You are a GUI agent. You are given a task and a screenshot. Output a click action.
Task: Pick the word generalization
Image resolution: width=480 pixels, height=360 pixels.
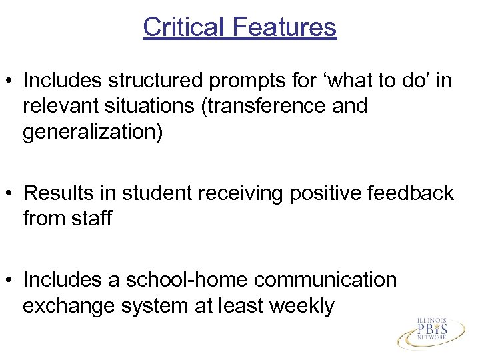click(x=92, y=132)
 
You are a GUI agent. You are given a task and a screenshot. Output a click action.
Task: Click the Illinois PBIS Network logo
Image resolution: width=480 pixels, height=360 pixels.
click(x=433, y=331)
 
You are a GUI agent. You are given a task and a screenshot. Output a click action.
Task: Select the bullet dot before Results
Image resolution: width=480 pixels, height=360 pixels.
click(x=11, y=193)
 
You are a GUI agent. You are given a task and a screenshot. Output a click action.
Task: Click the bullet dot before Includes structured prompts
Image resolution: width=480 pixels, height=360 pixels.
click(x=11, y=81)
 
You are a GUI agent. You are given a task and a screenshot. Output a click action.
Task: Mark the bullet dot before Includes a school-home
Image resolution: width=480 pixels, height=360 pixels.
click(x=11, y=280)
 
